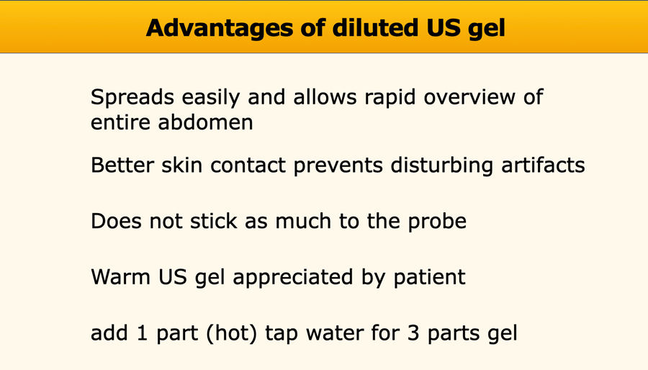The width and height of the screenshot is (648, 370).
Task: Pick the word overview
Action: [468, 97]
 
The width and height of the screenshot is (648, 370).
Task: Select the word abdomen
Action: [205, 122]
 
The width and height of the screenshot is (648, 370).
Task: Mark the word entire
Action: [120, 122]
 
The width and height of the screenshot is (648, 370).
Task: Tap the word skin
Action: [181, 165]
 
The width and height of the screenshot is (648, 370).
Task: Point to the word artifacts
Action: [543, 165]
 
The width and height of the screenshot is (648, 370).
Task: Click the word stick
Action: [213, 221]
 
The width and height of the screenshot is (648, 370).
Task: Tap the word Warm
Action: [121, 277]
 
